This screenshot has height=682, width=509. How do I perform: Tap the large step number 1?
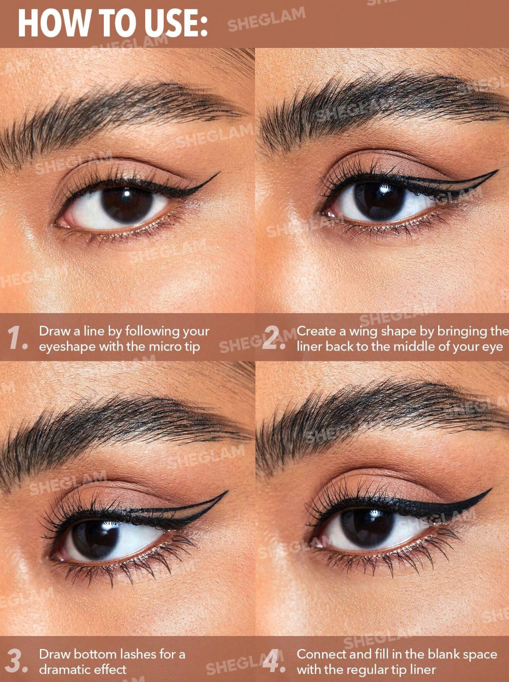pos(17,338)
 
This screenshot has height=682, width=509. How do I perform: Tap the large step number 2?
pos(274,338)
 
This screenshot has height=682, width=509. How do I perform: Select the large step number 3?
pos(16,661)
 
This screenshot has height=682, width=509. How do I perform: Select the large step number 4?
pos(274,661)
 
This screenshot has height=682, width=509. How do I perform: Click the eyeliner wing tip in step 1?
pos(220,172)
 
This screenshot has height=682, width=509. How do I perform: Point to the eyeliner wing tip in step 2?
pos(497,171)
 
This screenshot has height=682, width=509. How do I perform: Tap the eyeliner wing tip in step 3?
pos(227,492)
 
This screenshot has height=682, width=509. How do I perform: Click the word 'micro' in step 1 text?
pos(165,347)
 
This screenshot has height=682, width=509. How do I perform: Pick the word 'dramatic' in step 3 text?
pos(65,670)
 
